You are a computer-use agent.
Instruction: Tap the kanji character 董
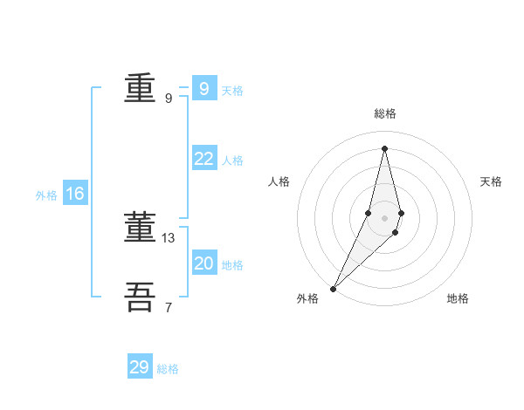pyautogui.click(x=140, y=228)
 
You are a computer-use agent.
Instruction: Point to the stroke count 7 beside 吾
pyautogui.click(x=169, y=307)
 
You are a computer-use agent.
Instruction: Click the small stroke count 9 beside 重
pyautogui.click(x=169, y=98)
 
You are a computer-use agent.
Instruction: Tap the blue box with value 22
pyautogui.click(x=203, y=159)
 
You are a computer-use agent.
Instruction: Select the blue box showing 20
pyautogui.click(x=203, y=263)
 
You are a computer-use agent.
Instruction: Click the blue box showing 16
pyautogui.click(x=75, y=194)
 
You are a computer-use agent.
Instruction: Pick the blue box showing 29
pyautogui.click(x=140, y=367)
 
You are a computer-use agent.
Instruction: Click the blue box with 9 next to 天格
pyautogui.click(x=203, y=89)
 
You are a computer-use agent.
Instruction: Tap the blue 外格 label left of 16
pyautogui.click(x=46, y=195)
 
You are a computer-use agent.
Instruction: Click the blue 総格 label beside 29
pyautogui.click(x=168, y=369)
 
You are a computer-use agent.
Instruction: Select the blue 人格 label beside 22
pyautogui.click(x=232, y=161)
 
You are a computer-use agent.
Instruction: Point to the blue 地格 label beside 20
pyautogui.click(x=232, y=265)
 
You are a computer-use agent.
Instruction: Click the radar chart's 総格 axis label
pyautogui.click(x=385, y=113)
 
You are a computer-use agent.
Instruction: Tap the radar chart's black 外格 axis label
pyautogui.click(x=307, y=298)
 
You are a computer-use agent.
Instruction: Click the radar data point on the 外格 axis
pyautogui.click(x=334, y=288)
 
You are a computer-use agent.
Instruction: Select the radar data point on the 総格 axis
pyautogui.click(x=385, y=148)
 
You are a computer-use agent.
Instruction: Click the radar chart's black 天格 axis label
pyautogui.click(x=492, y=181)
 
